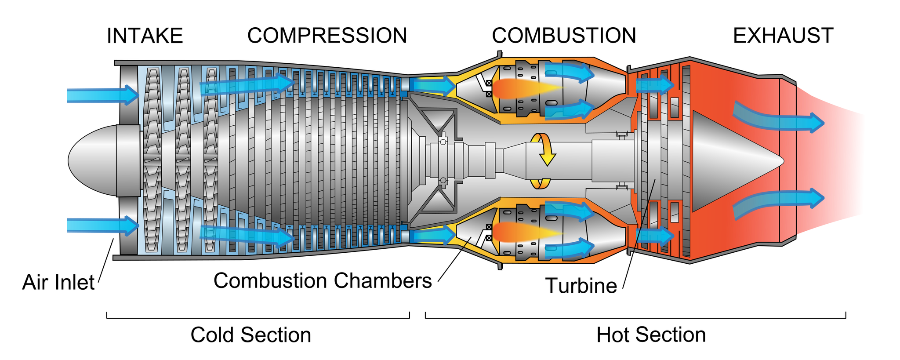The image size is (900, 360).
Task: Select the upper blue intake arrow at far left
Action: click(101, 95)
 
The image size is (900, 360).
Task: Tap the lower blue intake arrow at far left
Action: click(101, 225)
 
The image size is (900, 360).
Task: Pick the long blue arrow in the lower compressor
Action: click(246, 235)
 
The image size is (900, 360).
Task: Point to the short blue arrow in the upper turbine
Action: click(655, 85)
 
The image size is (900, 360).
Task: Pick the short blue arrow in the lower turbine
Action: click(655, 236)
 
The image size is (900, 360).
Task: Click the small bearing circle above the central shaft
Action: click(443, 142)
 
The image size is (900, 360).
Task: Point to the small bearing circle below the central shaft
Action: click(443, 181)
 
